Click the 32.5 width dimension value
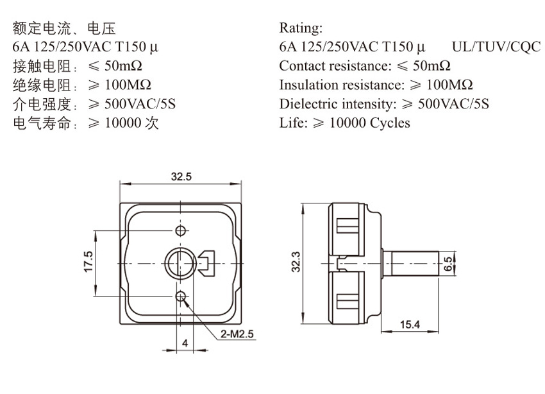(x=181, y=176)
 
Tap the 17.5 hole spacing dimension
(x=88, y=262)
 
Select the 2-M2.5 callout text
(x=237, y=334)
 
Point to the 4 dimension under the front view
(x=185, y=343)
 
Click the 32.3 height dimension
(x=296, y=262)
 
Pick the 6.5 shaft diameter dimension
(x=449, y=264)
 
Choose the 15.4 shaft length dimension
(x=410, y=325)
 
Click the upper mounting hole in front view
(x=181, y=230)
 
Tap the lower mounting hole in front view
(x=181, y=296)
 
